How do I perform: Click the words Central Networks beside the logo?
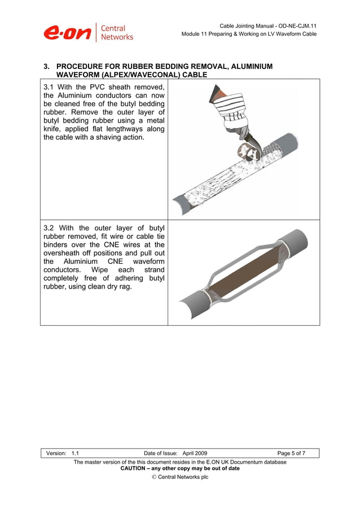pyautogui.click(x=117, y=33)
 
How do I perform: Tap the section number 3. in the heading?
pyautogui.click(x=47, y=67)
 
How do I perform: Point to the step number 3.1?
pyautogui.click(x=50, y=87)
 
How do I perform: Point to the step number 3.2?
pyautogui.click(x=50, y=228)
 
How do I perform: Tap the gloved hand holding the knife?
pyautogui.click(x=234, y=116)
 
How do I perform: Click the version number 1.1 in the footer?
pyautogui.click(x=75, y=453)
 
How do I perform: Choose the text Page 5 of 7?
pyautogui.click(x=291, y=453)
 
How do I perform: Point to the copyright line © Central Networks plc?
pyautogui.click(x=180, y=477)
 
